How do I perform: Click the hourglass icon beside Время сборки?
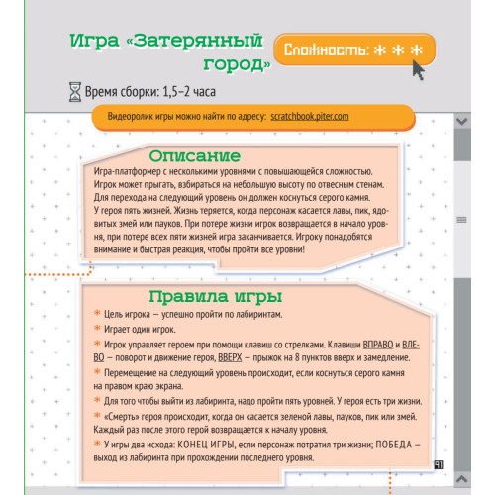74,92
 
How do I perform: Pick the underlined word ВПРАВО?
363,344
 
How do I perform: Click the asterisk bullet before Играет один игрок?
97,329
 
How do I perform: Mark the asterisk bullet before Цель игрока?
97,313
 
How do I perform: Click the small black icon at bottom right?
437,462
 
